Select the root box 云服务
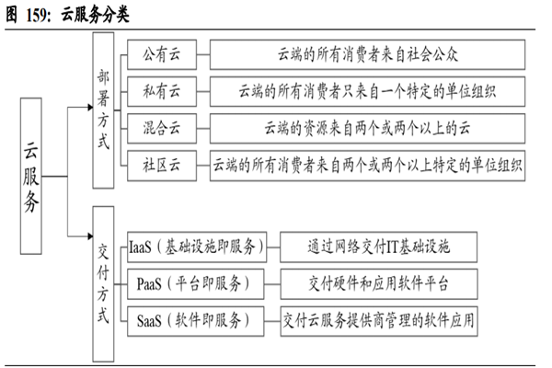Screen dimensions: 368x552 pos(33,178)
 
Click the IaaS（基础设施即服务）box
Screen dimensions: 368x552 pos(196,246)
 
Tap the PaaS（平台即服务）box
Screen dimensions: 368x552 pos(196,282)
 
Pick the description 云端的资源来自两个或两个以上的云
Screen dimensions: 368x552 pos(366,129)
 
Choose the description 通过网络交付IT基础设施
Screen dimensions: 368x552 pos(379,246)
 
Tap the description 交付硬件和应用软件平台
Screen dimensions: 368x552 pos(379,282)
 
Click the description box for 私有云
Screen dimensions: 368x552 pos(366,92)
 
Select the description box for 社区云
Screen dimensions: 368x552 pos(366,167)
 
